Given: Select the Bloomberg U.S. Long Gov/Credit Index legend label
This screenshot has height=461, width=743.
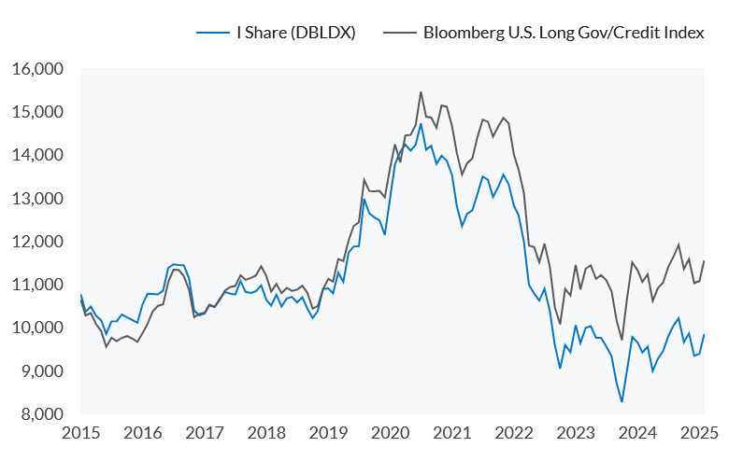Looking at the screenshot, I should point(564,33).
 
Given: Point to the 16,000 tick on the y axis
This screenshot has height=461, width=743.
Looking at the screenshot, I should point(37,69).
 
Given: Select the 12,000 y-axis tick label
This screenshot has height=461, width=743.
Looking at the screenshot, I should point(37,242).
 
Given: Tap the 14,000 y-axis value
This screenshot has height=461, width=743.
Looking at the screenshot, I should point(37,155).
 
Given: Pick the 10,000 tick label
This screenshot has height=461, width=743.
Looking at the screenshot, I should point(37,328).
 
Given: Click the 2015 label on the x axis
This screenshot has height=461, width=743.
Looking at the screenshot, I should point(80,433).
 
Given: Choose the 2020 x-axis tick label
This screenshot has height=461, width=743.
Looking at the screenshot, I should point(392,433).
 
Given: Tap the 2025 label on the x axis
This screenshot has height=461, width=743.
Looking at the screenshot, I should point(702,433).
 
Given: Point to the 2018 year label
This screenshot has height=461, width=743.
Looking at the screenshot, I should point(267,433).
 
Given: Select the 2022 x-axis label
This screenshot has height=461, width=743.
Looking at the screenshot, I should point(516,433).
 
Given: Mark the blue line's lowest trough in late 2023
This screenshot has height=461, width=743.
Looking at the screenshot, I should point(622,402).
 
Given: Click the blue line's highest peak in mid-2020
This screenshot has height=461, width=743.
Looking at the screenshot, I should point(421,123).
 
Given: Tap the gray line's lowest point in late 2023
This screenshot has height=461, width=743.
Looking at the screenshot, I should point(622,340).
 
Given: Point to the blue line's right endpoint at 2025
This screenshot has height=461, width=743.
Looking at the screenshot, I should point(703,334).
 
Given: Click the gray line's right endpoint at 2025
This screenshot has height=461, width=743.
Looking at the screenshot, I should point(703,260).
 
